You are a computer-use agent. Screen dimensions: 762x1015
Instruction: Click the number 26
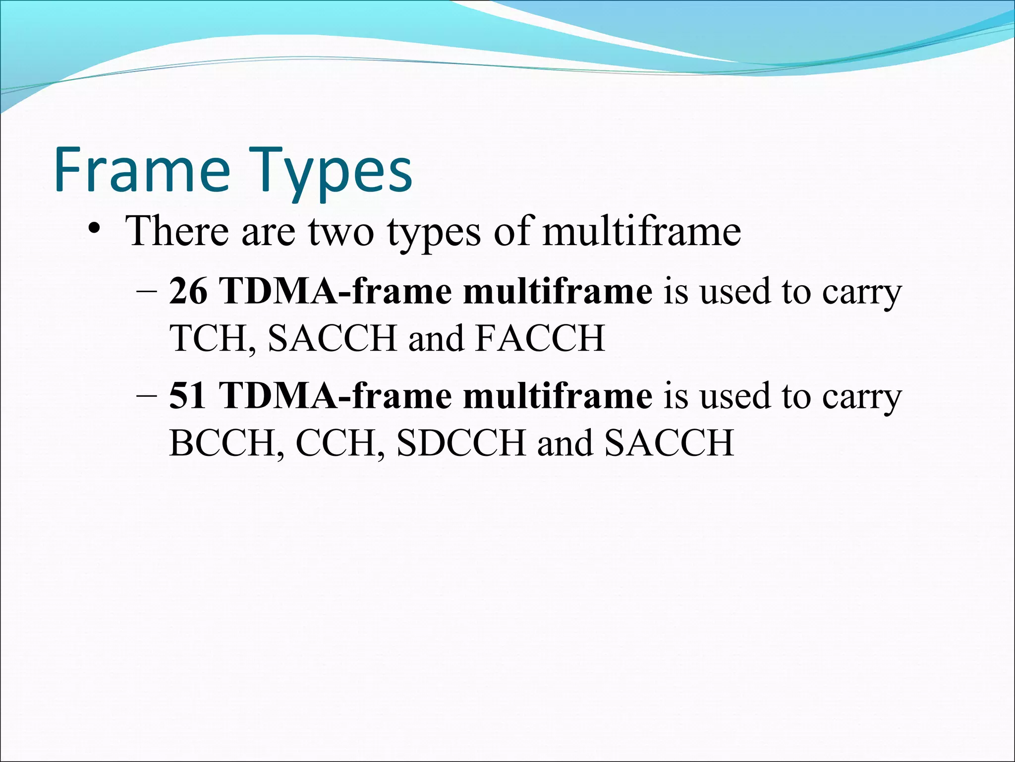(x=188, y=292)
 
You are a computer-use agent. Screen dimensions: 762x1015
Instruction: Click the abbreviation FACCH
(x=540, y=338)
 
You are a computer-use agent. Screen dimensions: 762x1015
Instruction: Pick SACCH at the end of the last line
(x=669, y=443)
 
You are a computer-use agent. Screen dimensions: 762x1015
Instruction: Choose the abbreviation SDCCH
(x=461, y=443)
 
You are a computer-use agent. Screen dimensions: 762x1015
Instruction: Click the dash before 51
(x=146, y=397)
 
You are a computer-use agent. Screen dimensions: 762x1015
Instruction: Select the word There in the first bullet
(x=178, y=231)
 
